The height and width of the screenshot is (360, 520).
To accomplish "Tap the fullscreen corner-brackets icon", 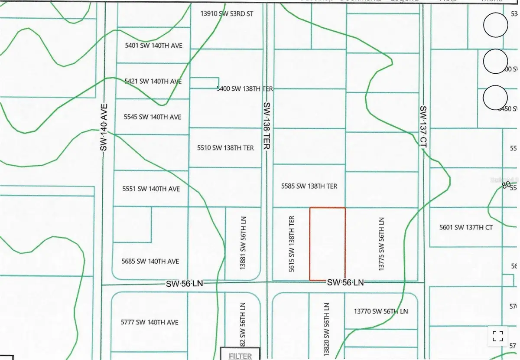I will [x=498, y=336].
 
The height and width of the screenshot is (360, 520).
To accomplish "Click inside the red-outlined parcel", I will [x=327, y=244].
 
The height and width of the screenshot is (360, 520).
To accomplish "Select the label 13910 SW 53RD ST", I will [x=227, y=14].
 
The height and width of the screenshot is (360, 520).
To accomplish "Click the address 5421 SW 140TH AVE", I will [x=153, y=81].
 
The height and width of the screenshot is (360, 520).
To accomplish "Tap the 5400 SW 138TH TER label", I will [x=245, y=88].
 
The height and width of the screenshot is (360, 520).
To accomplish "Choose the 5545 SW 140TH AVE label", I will [x=152, y=117].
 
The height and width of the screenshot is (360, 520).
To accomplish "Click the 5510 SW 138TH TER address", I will [x=225, y=148].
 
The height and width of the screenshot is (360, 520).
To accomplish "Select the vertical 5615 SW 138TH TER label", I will [x=292, y=244].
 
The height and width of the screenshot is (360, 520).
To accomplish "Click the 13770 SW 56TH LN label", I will [x=381, y=311].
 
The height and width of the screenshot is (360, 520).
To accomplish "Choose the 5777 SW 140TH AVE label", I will [x=150, y=322].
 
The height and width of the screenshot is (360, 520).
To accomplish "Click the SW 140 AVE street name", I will [x=104, y=128].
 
